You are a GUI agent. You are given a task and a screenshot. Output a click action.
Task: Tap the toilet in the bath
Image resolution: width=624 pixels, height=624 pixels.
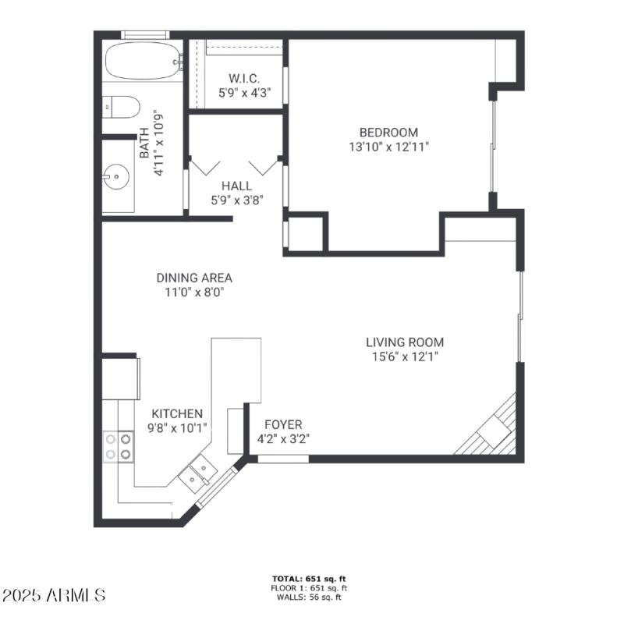[121, 106]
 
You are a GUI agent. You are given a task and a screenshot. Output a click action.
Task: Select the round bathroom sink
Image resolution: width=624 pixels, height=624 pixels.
[116, 177]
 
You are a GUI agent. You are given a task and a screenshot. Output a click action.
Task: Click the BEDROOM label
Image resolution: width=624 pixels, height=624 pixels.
[388, 133]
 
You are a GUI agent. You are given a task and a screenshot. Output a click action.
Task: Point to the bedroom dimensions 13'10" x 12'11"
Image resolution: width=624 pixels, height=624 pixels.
[388, 147]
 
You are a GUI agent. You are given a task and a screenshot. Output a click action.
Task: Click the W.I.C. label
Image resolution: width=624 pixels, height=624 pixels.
[244, 78]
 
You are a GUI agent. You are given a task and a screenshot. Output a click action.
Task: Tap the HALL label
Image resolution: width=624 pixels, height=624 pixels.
[236, 186]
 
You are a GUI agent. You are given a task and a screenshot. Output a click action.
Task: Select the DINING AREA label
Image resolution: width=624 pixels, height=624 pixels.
[194, 278]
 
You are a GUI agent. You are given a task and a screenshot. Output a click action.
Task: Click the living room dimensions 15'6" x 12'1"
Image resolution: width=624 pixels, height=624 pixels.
[405, 356]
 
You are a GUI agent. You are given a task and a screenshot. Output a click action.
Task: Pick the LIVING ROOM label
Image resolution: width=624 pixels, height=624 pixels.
[405, 342]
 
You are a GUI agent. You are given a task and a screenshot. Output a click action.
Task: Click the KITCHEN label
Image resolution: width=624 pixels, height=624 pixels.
[177, 413]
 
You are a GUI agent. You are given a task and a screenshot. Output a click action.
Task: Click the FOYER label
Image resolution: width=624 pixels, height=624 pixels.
[283, 424]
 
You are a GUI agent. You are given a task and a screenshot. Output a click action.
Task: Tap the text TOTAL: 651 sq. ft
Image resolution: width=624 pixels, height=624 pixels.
[310, 579]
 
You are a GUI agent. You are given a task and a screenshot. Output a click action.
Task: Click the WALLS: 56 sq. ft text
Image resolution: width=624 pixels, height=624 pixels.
[310, 597]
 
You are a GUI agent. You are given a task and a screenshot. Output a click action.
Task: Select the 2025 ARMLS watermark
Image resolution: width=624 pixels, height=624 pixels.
[53, 595]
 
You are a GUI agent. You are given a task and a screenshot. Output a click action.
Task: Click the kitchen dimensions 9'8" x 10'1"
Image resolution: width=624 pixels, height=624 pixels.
[177, 427]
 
